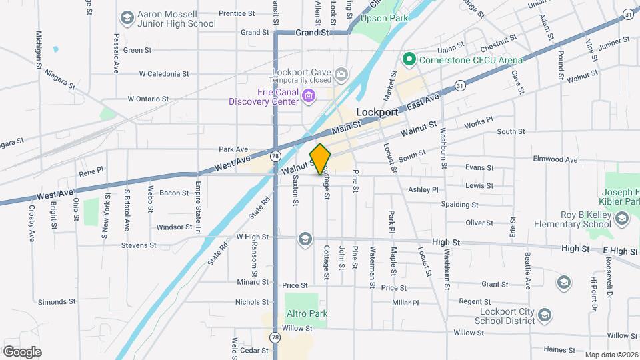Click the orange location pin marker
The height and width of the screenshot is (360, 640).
(320, 159)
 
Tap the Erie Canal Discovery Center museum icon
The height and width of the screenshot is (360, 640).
(309, 97)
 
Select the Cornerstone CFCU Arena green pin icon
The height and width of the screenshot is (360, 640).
(409, 60)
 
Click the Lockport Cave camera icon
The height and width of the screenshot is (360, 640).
(341, 73)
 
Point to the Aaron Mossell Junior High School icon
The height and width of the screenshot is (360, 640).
(126, 17)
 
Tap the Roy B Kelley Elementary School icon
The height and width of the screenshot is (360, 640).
(622, 219)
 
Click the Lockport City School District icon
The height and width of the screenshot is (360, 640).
(544, 314)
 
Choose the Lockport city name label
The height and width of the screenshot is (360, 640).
(377, 113)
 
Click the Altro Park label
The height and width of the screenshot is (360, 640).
(307, 313)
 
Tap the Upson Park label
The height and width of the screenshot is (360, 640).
(383, 18)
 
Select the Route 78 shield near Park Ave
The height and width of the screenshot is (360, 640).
(275, 156)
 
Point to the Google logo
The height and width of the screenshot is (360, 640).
(22, 351)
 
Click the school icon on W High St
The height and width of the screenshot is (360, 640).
(305, 238)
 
